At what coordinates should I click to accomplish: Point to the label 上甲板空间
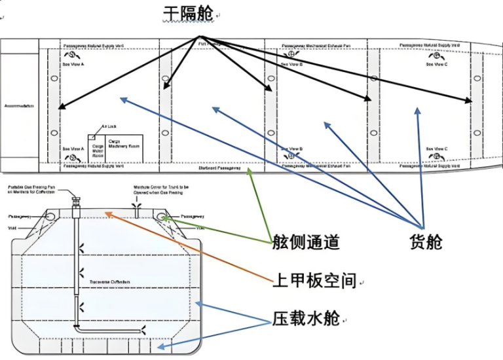pyautogui.click(x=314, y=281)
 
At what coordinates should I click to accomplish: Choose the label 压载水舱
pyautogui.click(x=306, y=319)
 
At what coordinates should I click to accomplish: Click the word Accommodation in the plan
pyautogui.click(x=18, y=105)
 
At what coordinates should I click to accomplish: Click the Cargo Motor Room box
pyautogui.click(x=98, y=148)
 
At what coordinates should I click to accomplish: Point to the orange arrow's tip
pyautogui.click(x=105, y=212)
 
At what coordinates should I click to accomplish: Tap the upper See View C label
pyautogui.click(x=436, y=64)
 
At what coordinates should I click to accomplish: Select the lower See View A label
pyautogui.click(x=73, y=149)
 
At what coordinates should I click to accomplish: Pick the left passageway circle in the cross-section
pyautogui.click(x=48, y=216)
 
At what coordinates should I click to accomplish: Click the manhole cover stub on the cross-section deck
pyautogui.click(x=138, y=207)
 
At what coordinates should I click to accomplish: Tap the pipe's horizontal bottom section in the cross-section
pyautogui.click(x=109, y=331)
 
